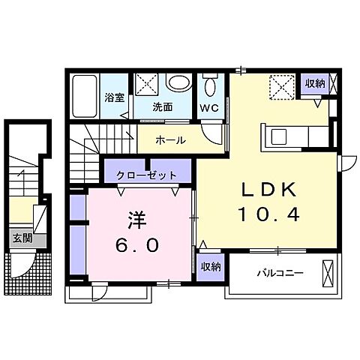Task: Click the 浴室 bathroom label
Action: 114,96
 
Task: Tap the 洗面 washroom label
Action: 162,107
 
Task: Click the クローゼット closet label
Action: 147,175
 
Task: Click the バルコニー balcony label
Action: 279,272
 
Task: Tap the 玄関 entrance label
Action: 22,239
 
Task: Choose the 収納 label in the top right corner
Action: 313,84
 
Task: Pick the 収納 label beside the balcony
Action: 210,266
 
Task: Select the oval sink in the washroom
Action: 179,83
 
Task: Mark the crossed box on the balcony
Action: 328,271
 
